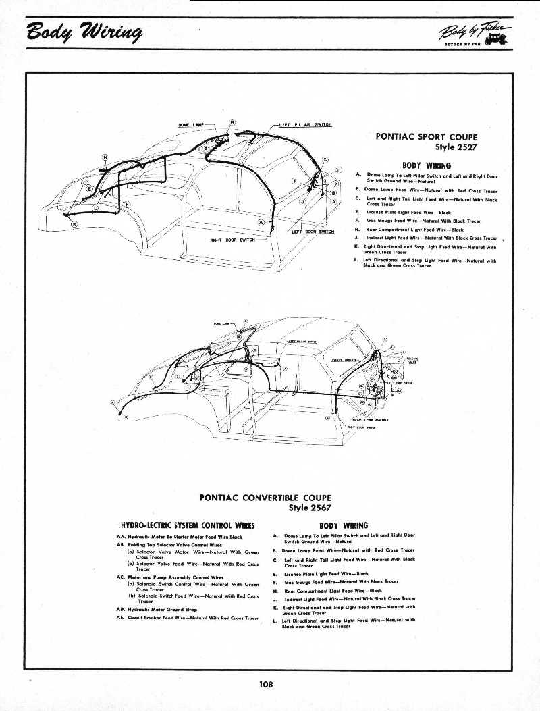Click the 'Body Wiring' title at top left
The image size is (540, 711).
tap(84, 32)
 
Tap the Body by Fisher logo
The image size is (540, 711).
tap(475, 33)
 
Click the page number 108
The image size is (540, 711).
tap(265, 684)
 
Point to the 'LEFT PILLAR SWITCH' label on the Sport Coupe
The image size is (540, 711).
tap(305, 125)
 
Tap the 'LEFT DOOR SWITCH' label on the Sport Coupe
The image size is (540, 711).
tap(312, 232)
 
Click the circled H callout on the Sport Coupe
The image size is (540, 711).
tap(105, 157)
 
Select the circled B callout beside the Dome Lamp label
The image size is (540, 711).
tap(233, 122)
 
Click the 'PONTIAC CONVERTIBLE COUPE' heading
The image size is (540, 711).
tap(265, 498)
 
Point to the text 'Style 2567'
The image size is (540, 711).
tap(309, 508)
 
